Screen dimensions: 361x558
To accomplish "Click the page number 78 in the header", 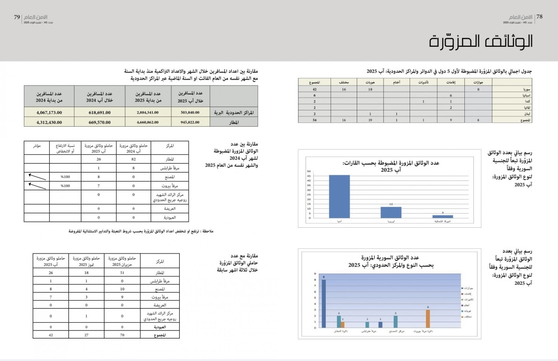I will tap(539, 16).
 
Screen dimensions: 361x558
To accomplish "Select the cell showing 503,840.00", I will tap(187, 112).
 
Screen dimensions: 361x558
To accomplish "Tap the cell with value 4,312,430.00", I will tap(49, 123).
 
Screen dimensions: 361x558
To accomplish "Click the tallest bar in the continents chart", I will tap(339, 196).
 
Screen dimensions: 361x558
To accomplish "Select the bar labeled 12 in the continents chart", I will tap(390, 212).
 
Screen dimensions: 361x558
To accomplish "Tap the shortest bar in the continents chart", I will tap(442, 216).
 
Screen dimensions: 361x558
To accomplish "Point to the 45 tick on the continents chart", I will tap(309, 175).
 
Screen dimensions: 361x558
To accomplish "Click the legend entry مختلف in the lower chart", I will tap(468, 317).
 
